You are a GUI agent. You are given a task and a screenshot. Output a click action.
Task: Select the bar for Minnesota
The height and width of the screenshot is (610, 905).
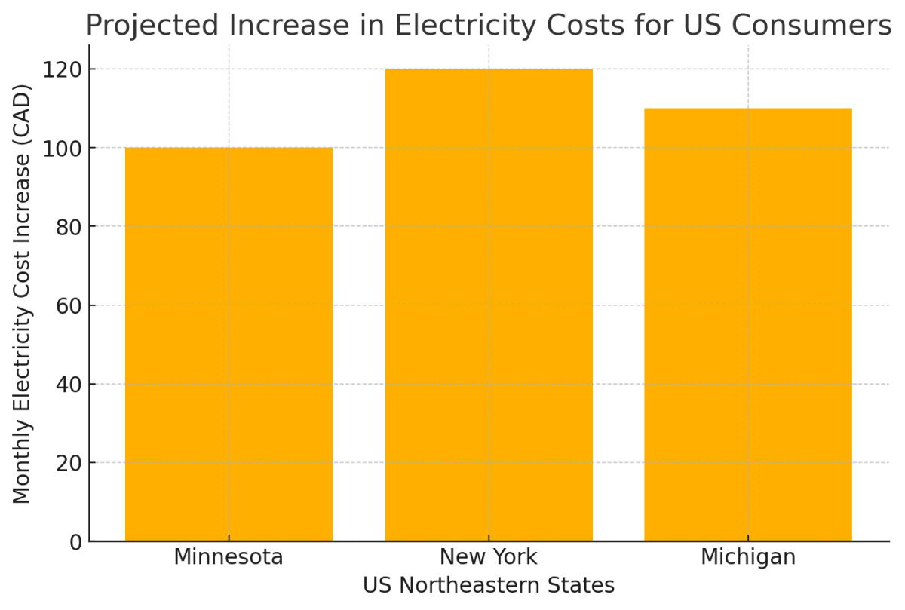pos(229,344)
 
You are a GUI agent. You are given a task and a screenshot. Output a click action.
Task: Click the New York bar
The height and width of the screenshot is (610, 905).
pos(489,305)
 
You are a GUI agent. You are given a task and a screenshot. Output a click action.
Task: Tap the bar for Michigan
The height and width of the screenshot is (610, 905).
pos(748,324)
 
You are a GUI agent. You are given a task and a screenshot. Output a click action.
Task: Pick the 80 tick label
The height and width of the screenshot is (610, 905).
pos(70,226)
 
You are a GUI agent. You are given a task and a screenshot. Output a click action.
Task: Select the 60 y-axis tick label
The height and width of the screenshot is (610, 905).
pos(70,305)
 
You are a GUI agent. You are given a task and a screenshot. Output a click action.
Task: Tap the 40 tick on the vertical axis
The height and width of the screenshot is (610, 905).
pos(70,384)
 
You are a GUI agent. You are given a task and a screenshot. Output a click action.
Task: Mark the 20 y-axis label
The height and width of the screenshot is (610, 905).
pos(70,463)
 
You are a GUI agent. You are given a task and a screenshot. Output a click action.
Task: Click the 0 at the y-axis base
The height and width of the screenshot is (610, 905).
pos(75,541)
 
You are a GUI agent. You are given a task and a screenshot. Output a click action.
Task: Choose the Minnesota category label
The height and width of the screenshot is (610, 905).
pos(229,558)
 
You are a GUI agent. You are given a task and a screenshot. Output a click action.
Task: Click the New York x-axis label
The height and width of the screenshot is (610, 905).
pos(489,558)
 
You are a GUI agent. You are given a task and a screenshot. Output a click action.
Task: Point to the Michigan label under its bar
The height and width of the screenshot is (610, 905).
pos(748,558)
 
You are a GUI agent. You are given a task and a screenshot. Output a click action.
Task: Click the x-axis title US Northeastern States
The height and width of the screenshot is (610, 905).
pos(489,586)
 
